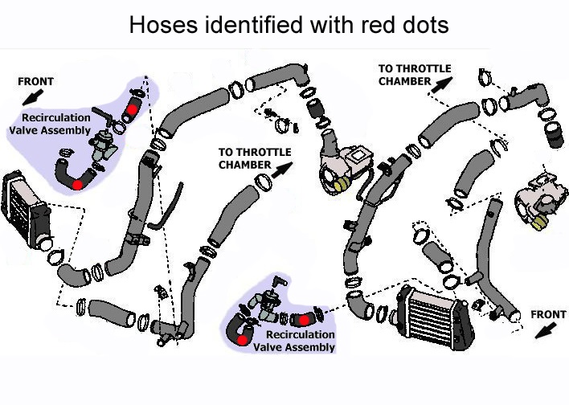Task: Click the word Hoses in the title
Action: tap(164, 25)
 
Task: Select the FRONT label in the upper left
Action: tap(35, 81)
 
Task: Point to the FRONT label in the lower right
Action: tap(548, 314)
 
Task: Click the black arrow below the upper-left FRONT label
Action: tap(33, 97)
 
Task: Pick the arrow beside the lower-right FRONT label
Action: tap(546, 330)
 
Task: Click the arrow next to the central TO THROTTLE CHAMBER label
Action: tap(282, 170)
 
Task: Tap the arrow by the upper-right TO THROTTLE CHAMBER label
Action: tap(442, 85)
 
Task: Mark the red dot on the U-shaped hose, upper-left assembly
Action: tap(77, 185)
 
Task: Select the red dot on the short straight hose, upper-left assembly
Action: tap(132, 109)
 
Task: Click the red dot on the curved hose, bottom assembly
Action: tap(242, 340)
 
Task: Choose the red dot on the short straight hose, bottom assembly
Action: tap(304, 320)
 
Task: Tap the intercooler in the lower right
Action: tap(435, 317)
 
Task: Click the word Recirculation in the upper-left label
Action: tap(56, 118)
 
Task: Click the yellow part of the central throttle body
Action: tap(342, 185)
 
